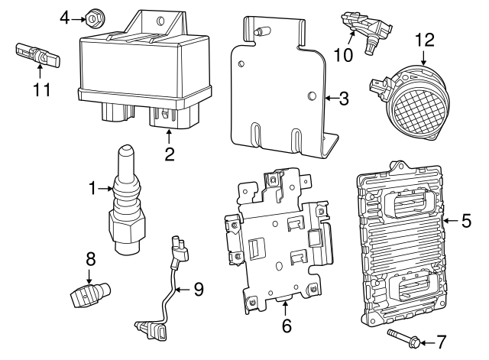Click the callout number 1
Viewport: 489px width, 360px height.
92,187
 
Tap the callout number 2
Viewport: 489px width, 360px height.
170,154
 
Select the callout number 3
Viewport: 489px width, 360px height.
344,98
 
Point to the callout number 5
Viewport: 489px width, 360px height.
466,222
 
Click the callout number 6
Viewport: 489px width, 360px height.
287,326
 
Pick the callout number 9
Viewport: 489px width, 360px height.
198,289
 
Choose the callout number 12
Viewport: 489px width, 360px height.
424,38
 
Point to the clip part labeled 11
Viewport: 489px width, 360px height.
34,54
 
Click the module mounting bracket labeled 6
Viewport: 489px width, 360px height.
275,237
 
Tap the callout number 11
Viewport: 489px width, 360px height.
41,89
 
